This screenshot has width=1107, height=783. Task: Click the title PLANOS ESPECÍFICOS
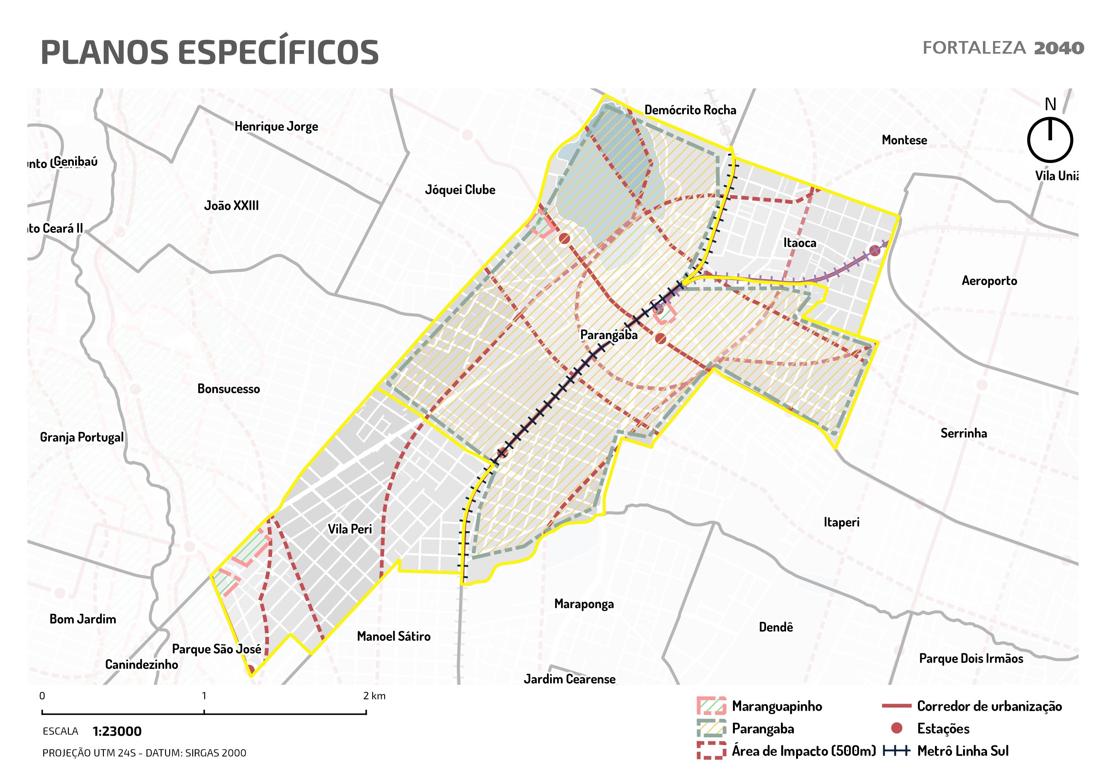(209, 52)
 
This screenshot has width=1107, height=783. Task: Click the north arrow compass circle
(1050, 140)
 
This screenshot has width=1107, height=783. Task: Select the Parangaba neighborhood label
(609, 335)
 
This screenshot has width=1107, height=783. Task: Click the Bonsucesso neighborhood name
(229, 389)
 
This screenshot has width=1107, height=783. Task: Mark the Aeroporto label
(989, 281)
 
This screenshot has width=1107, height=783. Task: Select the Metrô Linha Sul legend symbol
(896, 751)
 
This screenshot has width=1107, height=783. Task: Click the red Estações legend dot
(896, 728)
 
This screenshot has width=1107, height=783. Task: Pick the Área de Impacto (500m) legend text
(803, 751)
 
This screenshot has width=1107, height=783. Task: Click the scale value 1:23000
(117, 732)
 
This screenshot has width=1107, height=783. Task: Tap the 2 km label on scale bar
(374, 696)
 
